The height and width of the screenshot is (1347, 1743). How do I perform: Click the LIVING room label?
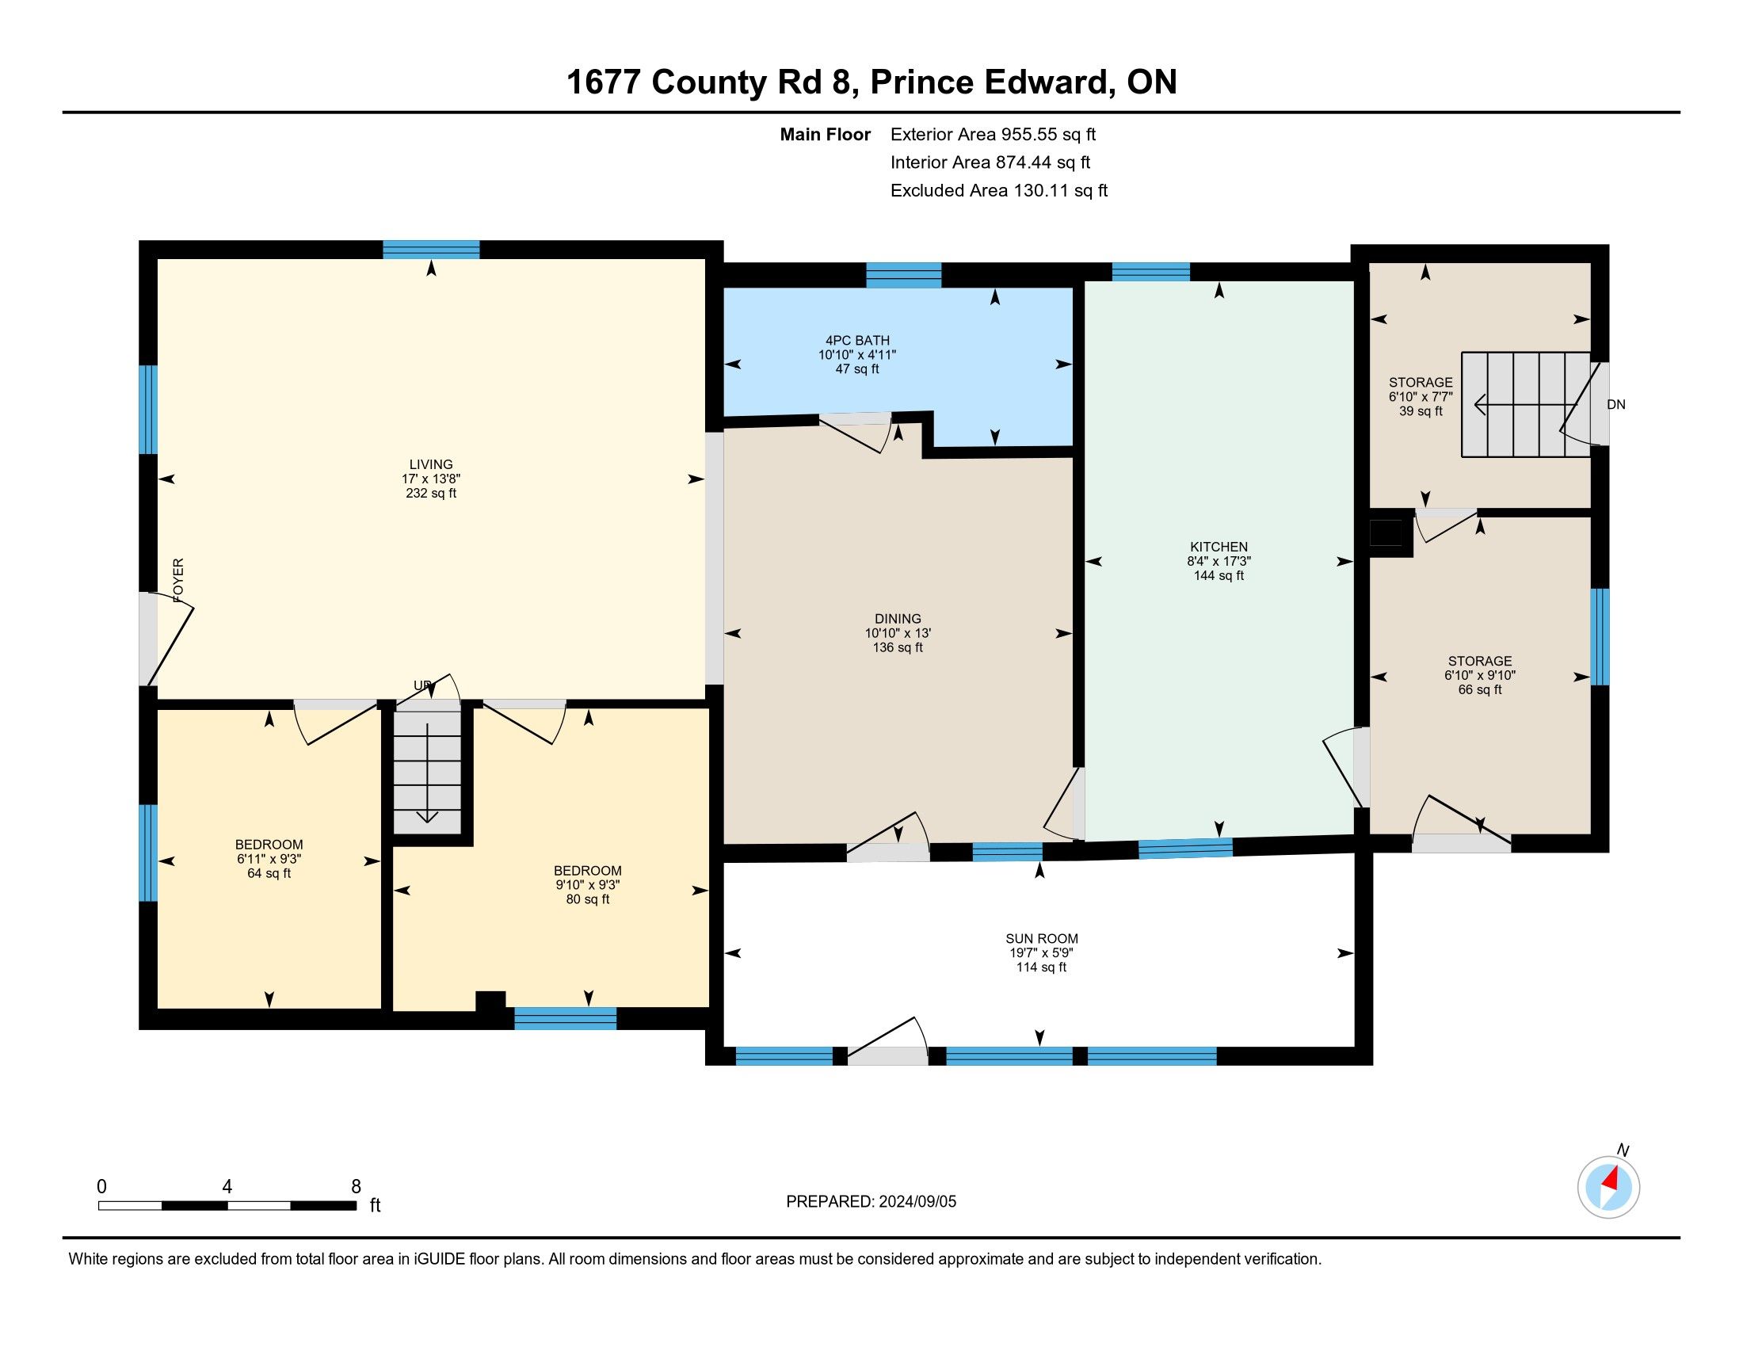tap(431, 464)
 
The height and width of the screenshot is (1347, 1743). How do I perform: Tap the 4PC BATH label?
tap(858, 341)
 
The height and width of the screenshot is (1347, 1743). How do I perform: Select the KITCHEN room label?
tap(1219, 547)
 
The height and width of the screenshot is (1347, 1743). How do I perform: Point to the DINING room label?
tap(898, 619)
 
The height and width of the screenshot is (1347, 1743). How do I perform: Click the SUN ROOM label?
tap(1042, 939)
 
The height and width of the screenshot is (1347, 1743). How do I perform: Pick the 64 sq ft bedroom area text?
tap(269, 874)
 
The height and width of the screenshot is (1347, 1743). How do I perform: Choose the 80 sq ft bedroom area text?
tap(587, 899)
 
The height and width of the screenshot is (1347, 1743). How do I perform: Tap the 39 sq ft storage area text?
tap(1421, 412)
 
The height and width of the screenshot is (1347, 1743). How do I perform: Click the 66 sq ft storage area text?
tap(1480, 689)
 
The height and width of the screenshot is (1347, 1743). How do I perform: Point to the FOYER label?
tap(178, 580)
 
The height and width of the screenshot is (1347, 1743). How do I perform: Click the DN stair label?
tap(1616, 405)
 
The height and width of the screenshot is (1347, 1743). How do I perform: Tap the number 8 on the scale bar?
tap(356, 1186)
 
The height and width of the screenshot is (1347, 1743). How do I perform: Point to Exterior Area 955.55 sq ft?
tap(994, 134)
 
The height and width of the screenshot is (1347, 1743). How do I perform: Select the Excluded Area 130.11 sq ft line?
tap(999, 190)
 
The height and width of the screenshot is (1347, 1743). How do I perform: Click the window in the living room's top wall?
tap(431, 250)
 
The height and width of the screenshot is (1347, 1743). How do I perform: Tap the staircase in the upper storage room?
tap(1525, 405)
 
